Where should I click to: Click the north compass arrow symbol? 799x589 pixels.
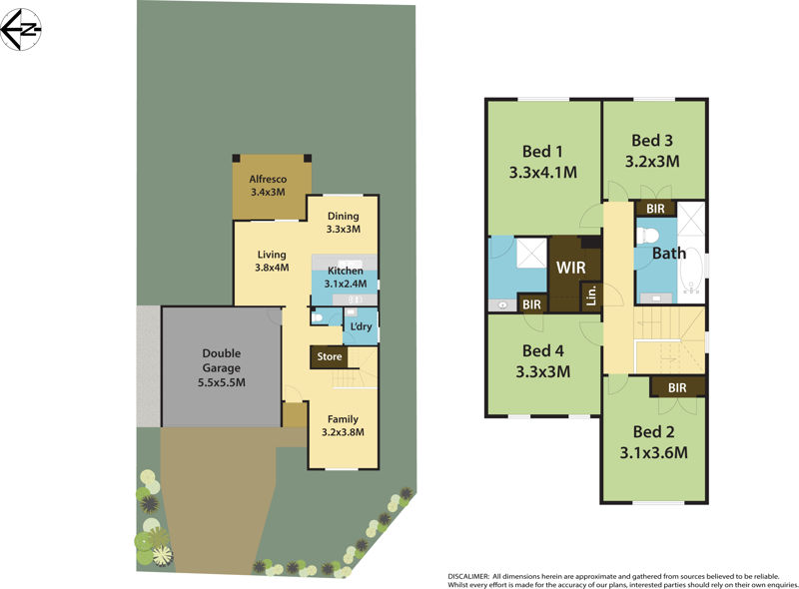21,30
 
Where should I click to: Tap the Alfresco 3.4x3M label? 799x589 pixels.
267,186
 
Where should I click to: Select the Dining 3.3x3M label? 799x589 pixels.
343,222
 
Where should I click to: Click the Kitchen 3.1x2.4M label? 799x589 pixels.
345,277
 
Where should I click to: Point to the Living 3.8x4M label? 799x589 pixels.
272,261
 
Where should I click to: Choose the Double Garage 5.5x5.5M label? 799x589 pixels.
221,366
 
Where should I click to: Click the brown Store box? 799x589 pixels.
330,356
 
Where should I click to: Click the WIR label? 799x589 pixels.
571,268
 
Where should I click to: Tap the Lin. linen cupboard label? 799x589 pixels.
591,295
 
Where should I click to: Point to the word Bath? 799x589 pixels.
669,254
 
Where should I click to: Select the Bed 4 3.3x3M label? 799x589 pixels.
542,361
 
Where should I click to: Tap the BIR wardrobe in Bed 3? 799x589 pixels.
656,210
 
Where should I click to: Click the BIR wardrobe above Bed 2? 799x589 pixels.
677,386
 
